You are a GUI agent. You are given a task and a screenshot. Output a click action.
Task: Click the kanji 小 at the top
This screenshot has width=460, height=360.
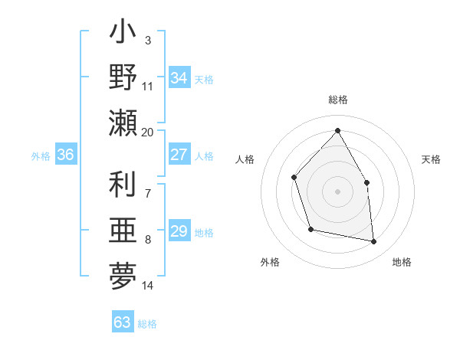click(x=123, y=35)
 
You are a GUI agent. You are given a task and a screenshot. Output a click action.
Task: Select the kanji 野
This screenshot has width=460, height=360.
click(x=123, y=77)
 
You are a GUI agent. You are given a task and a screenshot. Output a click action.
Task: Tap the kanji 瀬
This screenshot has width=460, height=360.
click(x=123, y=123)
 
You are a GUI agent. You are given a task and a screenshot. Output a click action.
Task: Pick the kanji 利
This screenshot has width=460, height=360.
click(x=123, y=185)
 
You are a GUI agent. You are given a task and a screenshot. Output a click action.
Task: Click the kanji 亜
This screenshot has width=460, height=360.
click(x=123, y=231)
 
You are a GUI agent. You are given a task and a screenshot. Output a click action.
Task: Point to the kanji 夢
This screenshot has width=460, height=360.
click(x=123, y=277)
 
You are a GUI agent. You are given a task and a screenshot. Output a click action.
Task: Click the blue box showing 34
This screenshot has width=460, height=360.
click(x=179, y=78)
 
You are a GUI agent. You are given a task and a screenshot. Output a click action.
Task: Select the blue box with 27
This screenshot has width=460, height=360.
click(x=179, y=155)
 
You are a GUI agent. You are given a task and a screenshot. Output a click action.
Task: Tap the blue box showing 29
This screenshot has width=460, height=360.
click(x=179, y=231)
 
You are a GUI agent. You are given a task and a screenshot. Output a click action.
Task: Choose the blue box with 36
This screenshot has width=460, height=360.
click(x=65, y=155)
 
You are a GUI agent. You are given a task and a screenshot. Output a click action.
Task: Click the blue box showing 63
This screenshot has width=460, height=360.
click(x=122, y=322)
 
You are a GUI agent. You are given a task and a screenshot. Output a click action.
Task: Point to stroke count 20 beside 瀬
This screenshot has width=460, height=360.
click(x=148, y=132)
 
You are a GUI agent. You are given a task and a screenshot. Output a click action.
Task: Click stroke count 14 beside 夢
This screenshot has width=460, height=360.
click(x=148, y=286)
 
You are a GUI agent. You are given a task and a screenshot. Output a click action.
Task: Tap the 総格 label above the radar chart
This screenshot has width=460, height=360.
click(x=337, y=100)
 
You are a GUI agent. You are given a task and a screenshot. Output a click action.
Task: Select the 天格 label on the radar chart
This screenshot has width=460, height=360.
click(x=431, y=159)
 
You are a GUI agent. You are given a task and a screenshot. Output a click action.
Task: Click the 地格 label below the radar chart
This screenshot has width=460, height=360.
click(x=402, y=262)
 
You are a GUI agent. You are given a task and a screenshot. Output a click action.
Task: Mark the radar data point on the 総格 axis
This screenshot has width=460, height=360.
click(x=337, y=130)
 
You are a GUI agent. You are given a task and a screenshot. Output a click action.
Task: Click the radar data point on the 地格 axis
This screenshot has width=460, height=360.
click(x=373, y=241)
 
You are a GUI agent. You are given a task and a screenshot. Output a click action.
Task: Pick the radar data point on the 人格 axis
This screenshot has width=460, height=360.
click(x=294, y=178)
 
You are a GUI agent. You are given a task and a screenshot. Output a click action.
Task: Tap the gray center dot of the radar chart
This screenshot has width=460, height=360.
click(x=337, y=191)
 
